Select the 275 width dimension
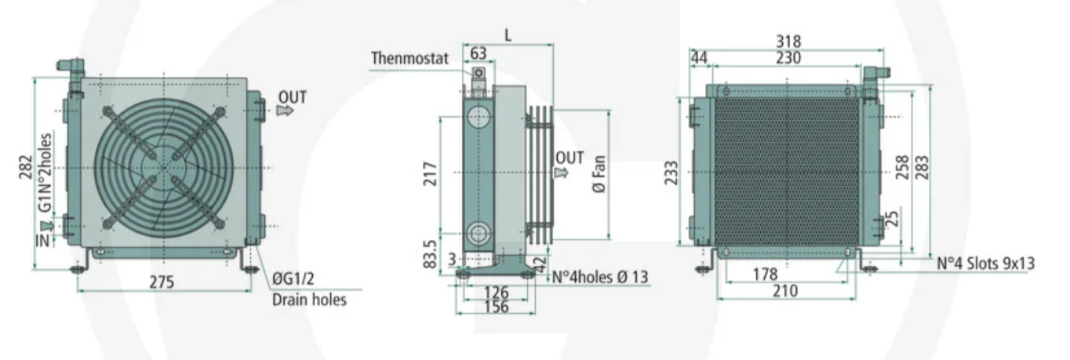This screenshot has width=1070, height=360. (163, 281)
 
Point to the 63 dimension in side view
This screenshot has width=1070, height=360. (478, 53)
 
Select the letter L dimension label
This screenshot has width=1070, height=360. (508, 35)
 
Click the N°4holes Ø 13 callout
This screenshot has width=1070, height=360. (601, 276)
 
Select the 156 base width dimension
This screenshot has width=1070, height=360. (497, 307)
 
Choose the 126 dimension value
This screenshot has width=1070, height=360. (497, 293)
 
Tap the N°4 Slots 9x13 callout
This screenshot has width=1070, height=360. (985, 264)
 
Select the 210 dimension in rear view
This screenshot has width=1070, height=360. (784, 291)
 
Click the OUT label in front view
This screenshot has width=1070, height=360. (292, 97)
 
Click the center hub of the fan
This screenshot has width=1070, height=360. (164, 167)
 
